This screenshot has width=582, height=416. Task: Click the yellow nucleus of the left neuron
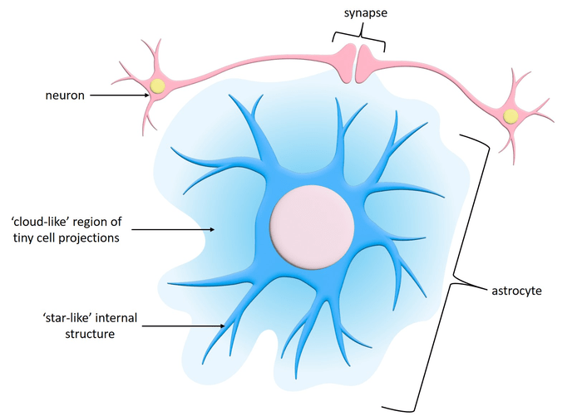click(157, 86)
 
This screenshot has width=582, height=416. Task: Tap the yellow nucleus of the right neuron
click(511, 115)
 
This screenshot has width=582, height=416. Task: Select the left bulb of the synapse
click(343, 61)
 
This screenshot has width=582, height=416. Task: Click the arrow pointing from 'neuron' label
click(120, 95)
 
